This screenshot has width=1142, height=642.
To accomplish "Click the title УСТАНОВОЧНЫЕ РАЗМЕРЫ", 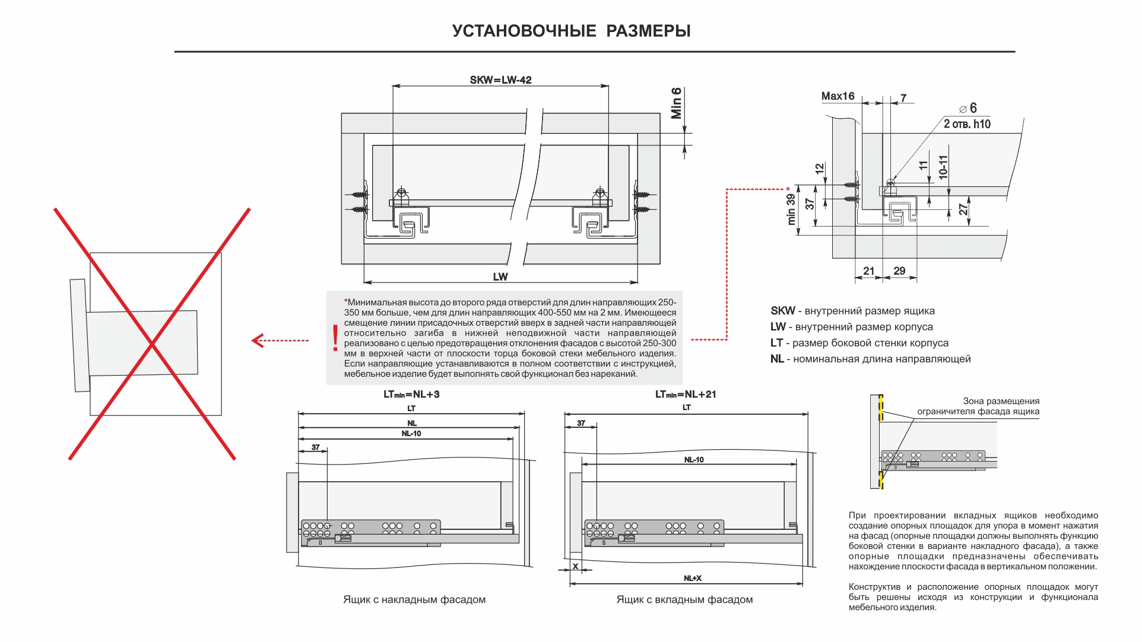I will [571, 31].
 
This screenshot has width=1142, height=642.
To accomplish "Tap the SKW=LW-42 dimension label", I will [500, 80].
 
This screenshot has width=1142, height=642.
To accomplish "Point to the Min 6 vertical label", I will [676, 103].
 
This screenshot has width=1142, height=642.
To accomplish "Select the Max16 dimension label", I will [838, 96].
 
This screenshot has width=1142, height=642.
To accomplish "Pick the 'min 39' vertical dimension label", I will [791, 209].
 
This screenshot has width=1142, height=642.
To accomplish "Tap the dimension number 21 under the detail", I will [868, 271].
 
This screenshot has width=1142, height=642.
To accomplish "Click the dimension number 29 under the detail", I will [899, 271].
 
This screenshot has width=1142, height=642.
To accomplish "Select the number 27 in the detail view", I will [963, 209].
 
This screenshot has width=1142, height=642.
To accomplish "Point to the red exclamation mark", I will [335, 338].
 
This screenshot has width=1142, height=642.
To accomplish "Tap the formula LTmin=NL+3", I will [411, 395].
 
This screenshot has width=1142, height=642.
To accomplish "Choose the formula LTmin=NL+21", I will [686, 395].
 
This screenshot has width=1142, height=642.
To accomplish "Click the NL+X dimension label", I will [692, 579].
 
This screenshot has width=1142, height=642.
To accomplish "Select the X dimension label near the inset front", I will [575, 567].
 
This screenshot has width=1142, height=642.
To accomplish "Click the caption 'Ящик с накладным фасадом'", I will [414, 600].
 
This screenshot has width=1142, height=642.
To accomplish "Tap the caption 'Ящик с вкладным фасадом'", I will [684, 600].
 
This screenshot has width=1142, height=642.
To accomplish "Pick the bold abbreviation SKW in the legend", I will [782, 311].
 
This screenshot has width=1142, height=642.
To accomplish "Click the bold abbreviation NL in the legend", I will [777, 359].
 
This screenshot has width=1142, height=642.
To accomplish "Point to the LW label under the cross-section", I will [500, 277].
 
